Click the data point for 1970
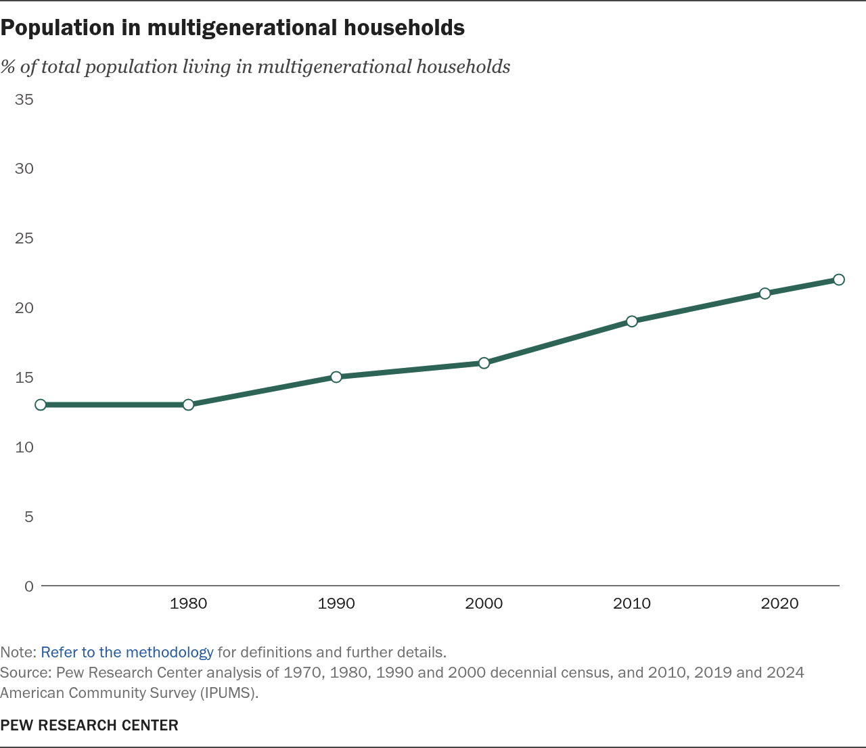pyautogui.click(x=41, y=404)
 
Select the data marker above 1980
pyautogui.click(x=188, y=404)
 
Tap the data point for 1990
pyautogui.click(x=336, y=377)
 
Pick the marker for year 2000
pyautogui.click(x=484, y=363)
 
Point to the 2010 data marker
pyautogui.click(x=632, y=321)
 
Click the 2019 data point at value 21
pyautogui.click(x=765, y=294)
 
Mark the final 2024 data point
pyautogui.click(x=839, y=279)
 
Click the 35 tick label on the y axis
pyautogui.click(x=24, y=99)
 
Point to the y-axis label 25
pyautogui.click(x=24, y=238)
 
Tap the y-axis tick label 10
pyautogui.click(x=24, y=447)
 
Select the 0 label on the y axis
pyautogui.click(x=28, y=586)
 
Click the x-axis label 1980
pyautogui.click(x=188, y=603)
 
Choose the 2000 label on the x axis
pyautogui.click(x=484, y=603)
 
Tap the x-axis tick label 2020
pyautogui.click(x=779, y=603)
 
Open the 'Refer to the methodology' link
pyautogui.click(x=127, y=653)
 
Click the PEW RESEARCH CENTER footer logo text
pyautogui.click(x=89, y=725)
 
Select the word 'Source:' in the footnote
pyautogui.click(x=26, y=673)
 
